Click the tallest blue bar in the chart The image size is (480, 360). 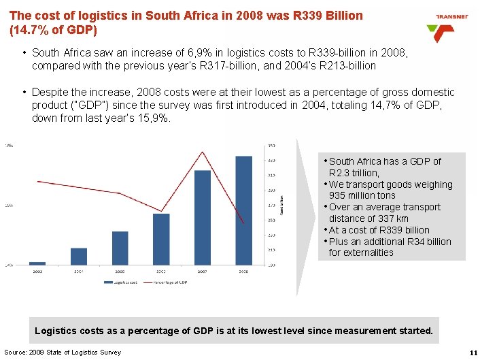coord(243,210)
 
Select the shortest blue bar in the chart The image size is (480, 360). coord(37,263)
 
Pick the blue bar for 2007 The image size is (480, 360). coord(203,217)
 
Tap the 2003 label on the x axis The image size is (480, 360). coord(37,271)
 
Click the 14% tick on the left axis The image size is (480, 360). coord(9,265)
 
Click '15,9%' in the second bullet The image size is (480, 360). coord(153,118)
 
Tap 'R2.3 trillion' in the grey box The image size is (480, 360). coord(354,173)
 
